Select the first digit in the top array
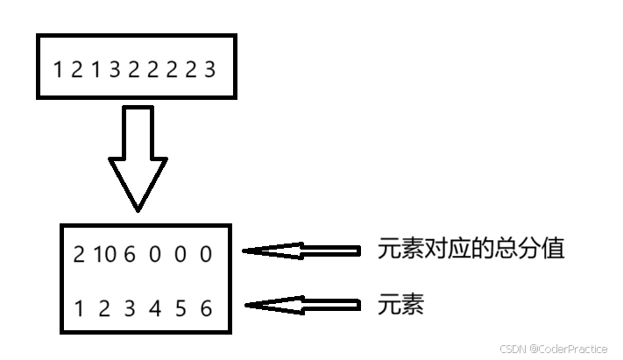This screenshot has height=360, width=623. coord(58,68)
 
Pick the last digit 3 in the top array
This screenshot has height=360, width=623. coord(209,68)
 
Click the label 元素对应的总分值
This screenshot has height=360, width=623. coord(471,249)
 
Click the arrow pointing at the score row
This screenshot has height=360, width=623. coord(301,251)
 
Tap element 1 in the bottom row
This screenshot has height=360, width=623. coord(80,308)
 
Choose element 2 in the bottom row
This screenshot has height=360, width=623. coord(103,308)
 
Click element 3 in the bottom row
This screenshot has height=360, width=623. coord(130,308)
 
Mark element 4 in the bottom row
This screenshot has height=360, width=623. coord(155,308)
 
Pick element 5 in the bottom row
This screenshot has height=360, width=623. coord(181,308)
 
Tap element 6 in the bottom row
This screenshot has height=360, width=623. coord(206,308)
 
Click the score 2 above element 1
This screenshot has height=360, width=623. coord(79,254)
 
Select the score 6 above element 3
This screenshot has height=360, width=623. coord(131,254)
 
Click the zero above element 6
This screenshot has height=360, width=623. coord(206,254)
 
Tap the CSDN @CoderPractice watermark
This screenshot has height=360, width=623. coord(553,349)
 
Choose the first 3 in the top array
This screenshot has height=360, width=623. coord(115,68)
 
